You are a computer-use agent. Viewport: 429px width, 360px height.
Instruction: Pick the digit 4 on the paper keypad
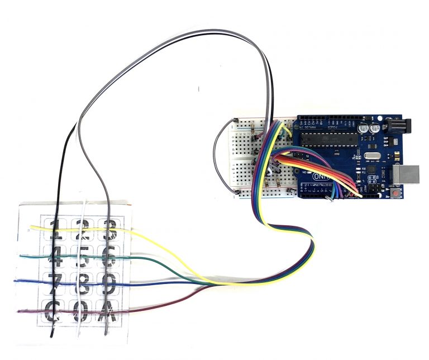54,258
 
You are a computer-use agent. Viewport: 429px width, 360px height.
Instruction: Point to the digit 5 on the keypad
82,258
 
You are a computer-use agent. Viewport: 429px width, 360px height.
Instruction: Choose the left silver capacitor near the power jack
363,128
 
